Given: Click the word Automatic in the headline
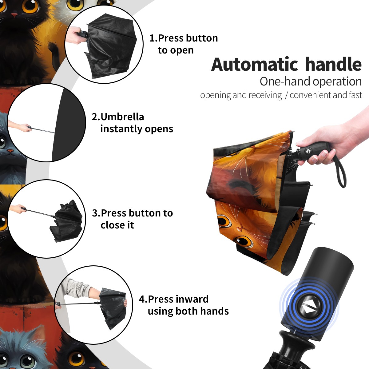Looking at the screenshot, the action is [x=255, y=65].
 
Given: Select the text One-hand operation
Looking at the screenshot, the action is [x=311, y=81].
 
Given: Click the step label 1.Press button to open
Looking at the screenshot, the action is [x=184, y=44].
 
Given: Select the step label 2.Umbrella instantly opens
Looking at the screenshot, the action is [x=132, y=123].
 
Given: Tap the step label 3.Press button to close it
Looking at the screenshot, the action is [x=132, y=219].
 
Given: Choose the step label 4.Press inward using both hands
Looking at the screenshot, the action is [x=184, y=305].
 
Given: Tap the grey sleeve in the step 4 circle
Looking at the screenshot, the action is [x=77, y=287].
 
